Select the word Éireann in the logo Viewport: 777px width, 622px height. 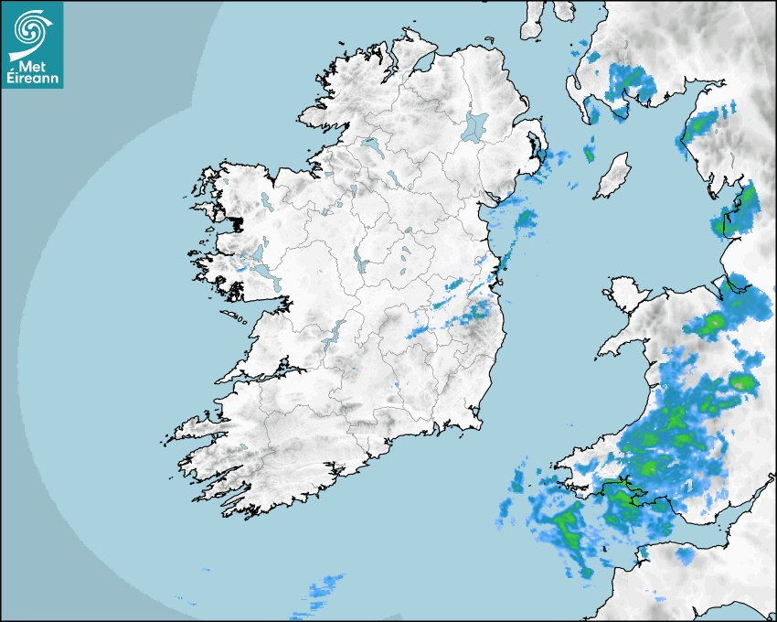(x=32, y=78)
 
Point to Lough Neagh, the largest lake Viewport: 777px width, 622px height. (x=474, y=125)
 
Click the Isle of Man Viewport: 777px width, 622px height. (x=612, y=176)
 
